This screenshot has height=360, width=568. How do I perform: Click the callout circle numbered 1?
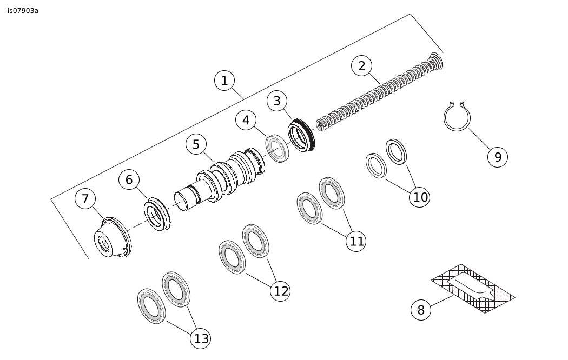pyautogui.click(x=224, y=81)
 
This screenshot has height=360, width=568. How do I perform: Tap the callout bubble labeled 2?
pyautogui.click(x=361, y=66)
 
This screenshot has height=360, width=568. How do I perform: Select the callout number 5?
pyautogui.click(x=196, y=144)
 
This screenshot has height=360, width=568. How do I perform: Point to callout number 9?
pyautogui.click(x=498, y=157)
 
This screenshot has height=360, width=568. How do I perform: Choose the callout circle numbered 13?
pyautogui.click(x=201, y=339)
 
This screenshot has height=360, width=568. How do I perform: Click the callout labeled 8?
pyautogui.click(x=421, y=310)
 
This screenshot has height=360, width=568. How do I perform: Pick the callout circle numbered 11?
pyautogui.click(x=356, y=241)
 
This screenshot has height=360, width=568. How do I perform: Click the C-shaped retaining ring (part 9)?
pyautogui.click(x=457, y=116)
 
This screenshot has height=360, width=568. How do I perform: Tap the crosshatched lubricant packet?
pyautogui.click(x=473, y=288)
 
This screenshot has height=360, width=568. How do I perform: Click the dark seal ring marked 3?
pyautogui.click(x=301, y=135)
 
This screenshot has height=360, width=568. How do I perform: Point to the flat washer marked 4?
pyautogui.click(x=277, y=148)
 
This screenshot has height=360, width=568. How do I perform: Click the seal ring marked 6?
pyautogui.click(x=157, y=214)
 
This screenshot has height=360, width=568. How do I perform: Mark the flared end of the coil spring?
pyautogui.click(x=436, y=61)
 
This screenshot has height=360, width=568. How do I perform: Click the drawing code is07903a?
pyautogui.click(x=23, y=11)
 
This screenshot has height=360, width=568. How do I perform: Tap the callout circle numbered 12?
pyautogui.click(x=280, y=291)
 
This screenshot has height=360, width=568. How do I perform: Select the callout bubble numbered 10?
pyautogui.click(x=419, y=197)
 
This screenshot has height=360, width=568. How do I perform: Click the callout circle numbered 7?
pyautogui.click(x=85, y=198)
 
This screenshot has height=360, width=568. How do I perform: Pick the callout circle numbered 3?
pyautogui.click(x=277, y=101)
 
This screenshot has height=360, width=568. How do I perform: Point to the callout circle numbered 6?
pyautogui.click(x=129, y=179)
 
